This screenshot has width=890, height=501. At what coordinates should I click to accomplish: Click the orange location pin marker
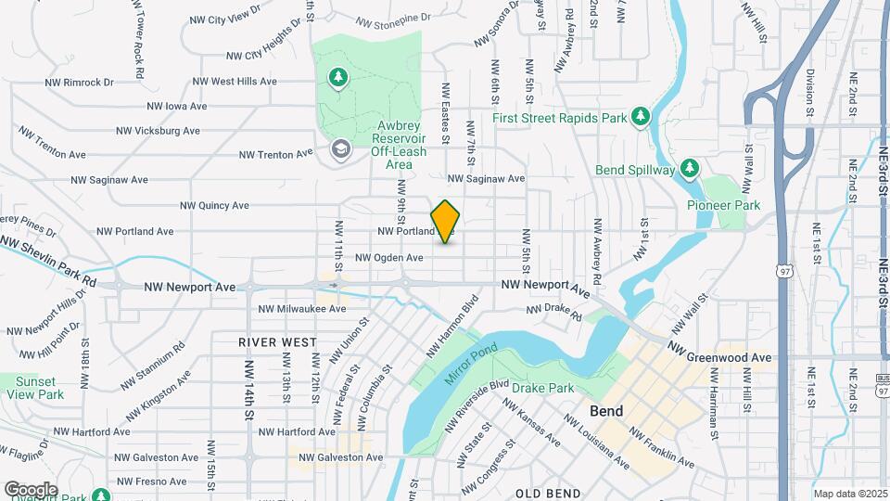pyautogui.click(x=446, y=221)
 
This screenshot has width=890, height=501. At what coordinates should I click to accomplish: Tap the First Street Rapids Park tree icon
pyautogui.click(x=639, y=116)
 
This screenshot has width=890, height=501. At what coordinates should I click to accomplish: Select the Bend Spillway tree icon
pyautogui.click(x=689, y=168)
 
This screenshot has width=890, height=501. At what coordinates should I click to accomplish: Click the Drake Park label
pyautogui.click(x=541, y=388)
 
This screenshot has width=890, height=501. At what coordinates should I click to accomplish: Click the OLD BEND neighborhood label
pyautogui.click(x=548, y=494)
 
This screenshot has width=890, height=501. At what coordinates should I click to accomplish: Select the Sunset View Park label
pyautogui.click(x=34, y=388)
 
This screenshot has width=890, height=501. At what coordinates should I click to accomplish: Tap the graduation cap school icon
pyautogui.click(x=340, y=148)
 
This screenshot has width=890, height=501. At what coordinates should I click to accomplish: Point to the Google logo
pyautogui.click(x=31, y=489)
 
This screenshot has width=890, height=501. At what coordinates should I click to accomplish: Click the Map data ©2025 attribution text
pyautogui.click(x=849, y=494)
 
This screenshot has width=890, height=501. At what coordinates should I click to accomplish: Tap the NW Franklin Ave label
pyautogui.click(x=661, y=447)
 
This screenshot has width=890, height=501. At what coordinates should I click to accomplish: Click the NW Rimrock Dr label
pyautogui.click(x=79, y=82)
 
